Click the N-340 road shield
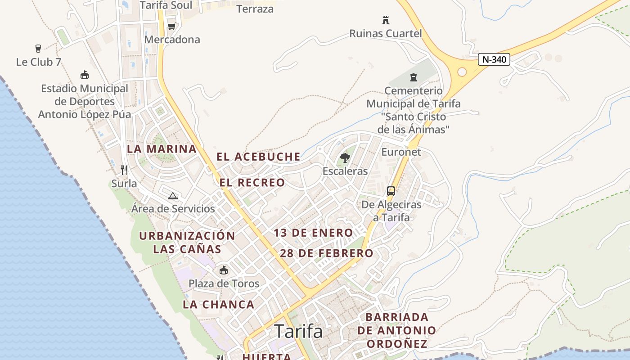(x=494, y=59)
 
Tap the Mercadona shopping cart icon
(x=171, y=26)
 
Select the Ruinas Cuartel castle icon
(x=385, y=20)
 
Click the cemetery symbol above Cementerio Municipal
(x=414, y=77)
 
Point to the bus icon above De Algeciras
(x=391, y=191)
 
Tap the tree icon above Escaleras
(x=345, y=158)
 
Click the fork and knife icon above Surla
(x=124, y=170)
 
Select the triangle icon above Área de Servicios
(x=173, y=196)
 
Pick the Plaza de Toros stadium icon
(x=224, y=270)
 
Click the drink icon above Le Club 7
(x=38, y=49)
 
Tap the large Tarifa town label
(x=298, y=332)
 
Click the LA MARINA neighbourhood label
(x=162, y=149)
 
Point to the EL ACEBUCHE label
(x=258, y=157)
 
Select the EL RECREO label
(x=252, y=183)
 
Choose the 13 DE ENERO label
(x=313, y=233)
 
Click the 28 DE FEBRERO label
(x=327, y=253)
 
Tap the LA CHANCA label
(x=219, y=305)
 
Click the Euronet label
(x=401, y=152)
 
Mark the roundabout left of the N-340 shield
(x=462, y=72)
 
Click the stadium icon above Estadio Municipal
(x=84, y=75)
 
